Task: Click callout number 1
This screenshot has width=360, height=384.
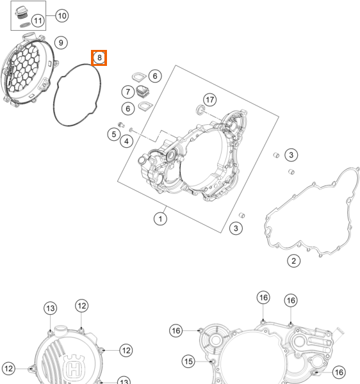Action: click(x=160, y=219)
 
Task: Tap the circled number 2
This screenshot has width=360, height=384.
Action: click(x=293, y=261)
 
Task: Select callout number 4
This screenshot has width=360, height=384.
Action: click(x=126, y=141)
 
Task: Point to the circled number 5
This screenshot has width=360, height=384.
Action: click(x=114, y=134)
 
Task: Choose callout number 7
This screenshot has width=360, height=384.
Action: click(x=128, y=92)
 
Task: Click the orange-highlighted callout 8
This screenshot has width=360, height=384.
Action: click(x=99, y=58)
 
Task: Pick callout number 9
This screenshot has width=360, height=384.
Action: click(x=61, y=43)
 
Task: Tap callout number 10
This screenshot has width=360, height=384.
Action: click(x=62, y=16)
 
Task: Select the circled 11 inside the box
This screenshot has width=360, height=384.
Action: click(x=38, y=20)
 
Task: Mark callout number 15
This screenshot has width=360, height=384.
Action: click(x=188, y=361)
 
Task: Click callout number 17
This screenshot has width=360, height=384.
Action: click(x=210, y=100)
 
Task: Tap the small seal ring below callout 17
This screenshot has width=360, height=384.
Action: click(x=200, y=109)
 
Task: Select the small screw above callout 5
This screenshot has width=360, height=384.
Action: click(x=121, y=125)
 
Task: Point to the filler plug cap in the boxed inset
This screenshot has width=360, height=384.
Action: click(x=21, y=13)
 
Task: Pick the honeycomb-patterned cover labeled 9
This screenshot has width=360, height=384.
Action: click(x=29, y=70)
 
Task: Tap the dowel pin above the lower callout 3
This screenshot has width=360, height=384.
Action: click(x=241, y=215)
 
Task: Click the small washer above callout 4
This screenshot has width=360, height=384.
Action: click(x=131, y=129)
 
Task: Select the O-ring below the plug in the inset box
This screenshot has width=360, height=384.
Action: click(x=25, y=25)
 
